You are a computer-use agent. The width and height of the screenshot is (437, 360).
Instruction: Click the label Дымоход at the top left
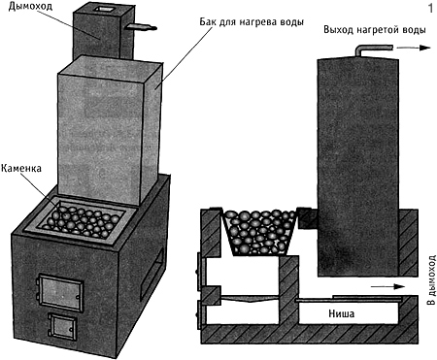pyautogui.click(x=30, y=6)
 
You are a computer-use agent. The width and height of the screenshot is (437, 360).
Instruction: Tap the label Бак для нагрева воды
pyautogui.click(x=252, y=22)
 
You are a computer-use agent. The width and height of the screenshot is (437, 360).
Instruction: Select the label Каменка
pyautogui.click(x=21, y=168)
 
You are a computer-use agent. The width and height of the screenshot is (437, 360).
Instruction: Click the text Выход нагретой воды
pyautogui.click(x=375, y=30)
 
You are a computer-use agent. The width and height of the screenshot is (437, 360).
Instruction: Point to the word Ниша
pyautogui.click(x=342, y=313)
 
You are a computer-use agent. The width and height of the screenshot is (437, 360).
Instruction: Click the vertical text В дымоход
pyautogui.click(x=431, y=280)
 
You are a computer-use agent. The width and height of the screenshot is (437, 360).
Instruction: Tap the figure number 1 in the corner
pyautogui.click(x=430, y=8)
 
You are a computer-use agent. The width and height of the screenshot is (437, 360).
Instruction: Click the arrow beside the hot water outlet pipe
pyautogui.click(x=414, y=48)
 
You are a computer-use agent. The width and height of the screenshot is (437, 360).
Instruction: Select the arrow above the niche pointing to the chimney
pyautogui.click(x=387, y=286)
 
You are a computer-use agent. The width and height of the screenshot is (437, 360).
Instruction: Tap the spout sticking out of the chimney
pyautogui.click(x=142, y=27)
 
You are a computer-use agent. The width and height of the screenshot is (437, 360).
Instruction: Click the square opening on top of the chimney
pyautogui.click(x=104, y=9)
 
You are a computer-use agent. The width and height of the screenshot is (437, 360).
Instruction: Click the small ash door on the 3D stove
pyautogui.click(x=62, y=326)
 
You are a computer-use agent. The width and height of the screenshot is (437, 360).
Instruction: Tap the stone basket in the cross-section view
pyautogui.click(x=259, y=232)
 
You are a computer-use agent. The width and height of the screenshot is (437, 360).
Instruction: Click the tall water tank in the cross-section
pyautogui.click(x=357, y=167)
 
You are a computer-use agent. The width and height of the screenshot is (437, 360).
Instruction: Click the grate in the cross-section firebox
pyautogui.click(x=250, y=298)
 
